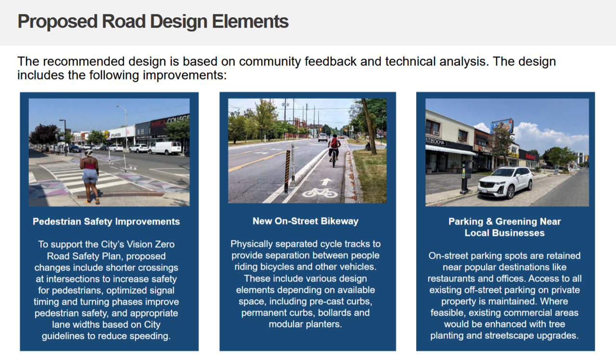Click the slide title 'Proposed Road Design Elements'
point(153,22)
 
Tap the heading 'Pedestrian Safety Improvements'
point(106,221)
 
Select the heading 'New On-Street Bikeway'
point(306,221)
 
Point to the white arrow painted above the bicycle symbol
point(326,181)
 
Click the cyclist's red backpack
point(334,143)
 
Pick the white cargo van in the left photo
point(165,148)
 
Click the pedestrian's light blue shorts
point(90,176)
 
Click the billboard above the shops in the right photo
point(502,126)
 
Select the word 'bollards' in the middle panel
point(344,313)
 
